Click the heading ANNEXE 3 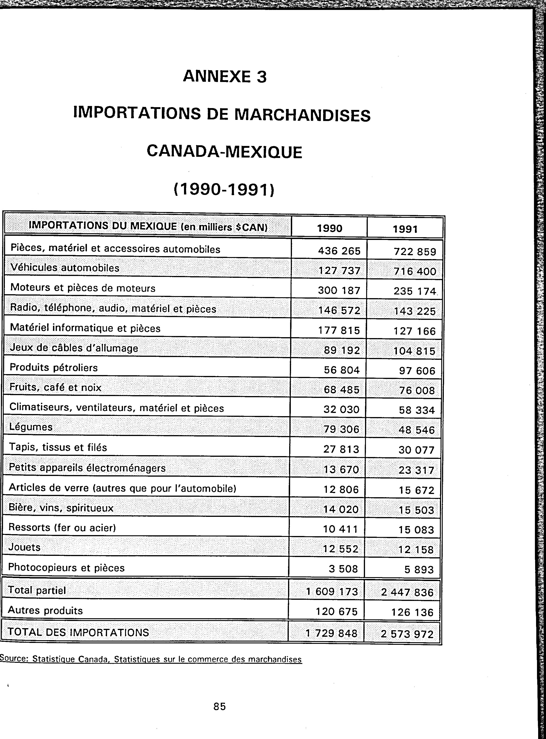[x=224, y=77]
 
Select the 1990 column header [x=329, y=228]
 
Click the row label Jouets [x=25, y=547]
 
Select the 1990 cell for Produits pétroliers [x=341, y=370]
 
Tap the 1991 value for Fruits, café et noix [x=417, y=390]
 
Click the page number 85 [x=219, y=706]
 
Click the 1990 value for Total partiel [x=332, y=591]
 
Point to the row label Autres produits [x=45, y=610]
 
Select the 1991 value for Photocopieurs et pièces [x=419, y=569]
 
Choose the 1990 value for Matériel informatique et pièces [x=339, y=330]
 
